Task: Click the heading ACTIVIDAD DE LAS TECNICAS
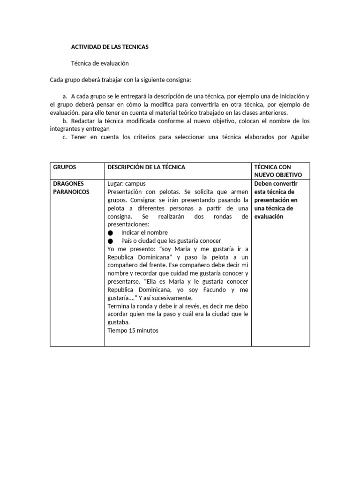click(x=109, y=47)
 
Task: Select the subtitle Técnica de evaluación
click(x=99, y=63)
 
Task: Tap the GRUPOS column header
click(x=65, y=167)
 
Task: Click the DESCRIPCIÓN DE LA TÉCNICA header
click(x=146, y=167)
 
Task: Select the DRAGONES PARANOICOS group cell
click(x=71, y=187)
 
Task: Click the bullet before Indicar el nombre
click(x=110, y=233)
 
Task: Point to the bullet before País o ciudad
click(x=110, y=241)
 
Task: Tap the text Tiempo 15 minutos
click(x=133, y=330)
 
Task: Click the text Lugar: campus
click(x=127, y=184)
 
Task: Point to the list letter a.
click(x=64, y=96)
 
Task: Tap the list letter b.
click(x=64, y=121)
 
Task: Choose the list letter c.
click(x=64, y=137)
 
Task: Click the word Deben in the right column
click(x=263, y=183)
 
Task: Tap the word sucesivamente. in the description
click(x=172, y=298)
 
